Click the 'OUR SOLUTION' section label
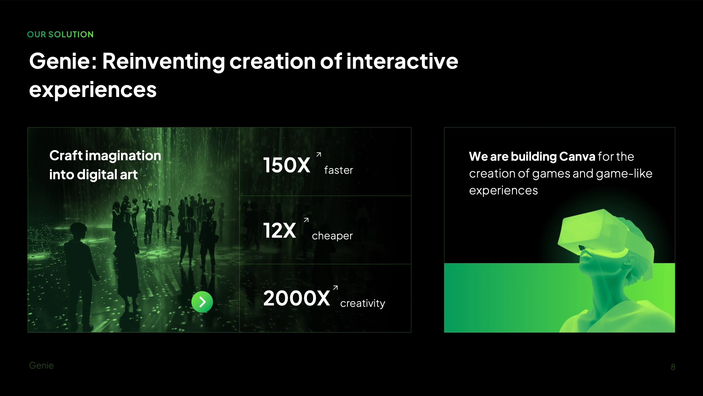tap(60, 34)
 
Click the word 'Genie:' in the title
tap(63, 61)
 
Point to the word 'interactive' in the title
tap(402, 61)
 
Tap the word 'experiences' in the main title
tap(93, 90)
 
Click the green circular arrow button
tap(202, 302)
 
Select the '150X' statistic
tap(287, 165)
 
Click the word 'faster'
tap(338, 170)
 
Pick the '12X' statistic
tap(279, 231)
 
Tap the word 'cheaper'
tap(332, 236)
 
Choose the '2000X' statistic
tap(296, 298)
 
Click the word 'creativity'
tap(362, 303)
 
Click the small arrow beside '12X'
tap(306, 220)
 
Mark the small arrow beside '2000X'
tap(335, 287)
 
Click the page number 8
tap(673, 367)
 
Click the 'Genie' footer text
tap(41, 365)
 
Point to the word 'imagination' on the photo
tap(123, 156)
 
